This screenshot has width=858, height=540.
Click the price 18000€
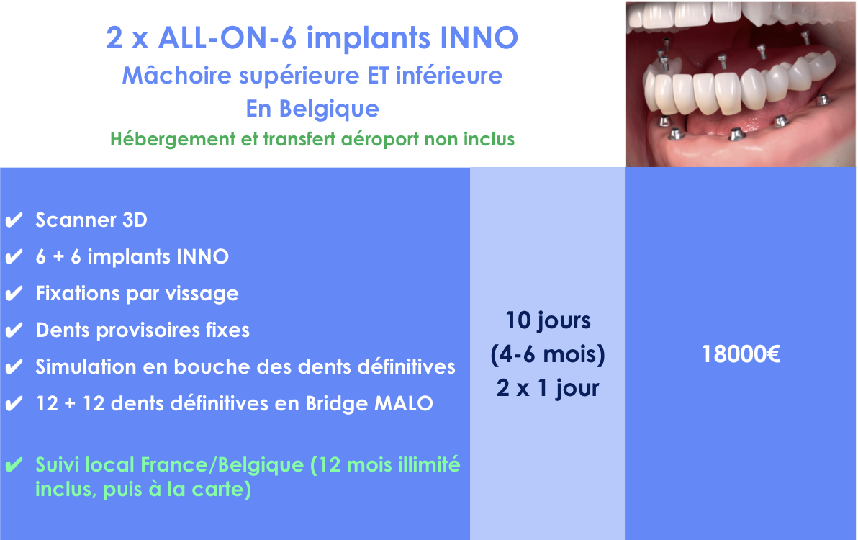(741, 354)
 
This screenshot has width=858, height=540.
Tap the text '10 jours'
(548, 320)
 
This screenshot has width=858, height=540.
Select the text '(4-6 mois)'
(548, 354)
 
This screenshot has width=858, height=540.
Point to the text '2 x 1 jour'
(548, 388)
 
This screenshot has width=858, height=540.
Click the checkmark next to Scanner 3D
(14, 220)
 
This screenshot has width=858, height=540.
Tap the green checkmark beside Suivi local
(14, 465)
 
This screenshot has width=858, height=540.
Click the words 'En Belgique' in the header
(312, 108)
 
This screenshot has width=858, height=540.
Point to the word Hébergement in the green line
(173, 139)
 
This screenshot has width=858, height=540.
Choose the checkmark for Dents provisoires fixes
(14, 330)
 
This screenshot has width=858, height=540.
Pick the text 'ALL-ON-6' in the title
(227, 37)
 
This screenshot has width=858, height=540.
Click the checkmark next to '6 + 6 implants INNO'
(14, 256)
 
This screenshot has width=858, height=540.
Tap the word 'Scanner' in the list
(76, 220)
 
